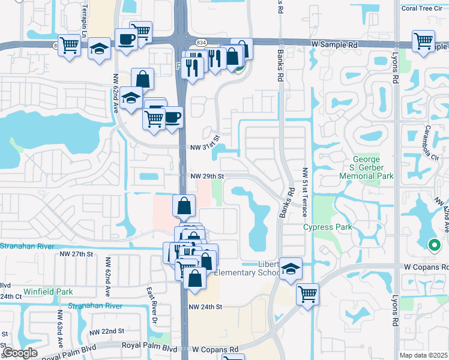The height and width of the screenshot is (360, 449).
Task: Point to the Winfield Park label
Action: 48,292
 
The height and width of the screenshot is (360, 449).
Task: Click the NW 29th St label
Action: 207,176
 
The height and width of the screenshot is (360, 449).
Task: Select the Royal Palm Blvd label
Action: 149,348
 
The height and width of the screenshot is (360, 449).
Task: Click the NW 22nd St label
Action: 106,331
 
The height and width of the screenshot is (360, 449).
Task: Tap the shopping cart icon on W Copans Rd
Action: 307,294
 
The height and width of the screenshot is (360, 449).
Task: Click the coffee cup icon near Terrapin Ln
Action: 125,41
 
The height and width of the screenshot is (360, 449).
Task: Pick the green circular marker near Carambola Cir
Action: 433,245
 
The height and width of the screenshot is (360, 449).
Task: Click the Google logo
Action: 20,353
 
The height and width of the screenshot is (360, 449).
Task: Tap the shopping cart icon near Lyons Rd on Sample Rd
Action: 423,41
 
